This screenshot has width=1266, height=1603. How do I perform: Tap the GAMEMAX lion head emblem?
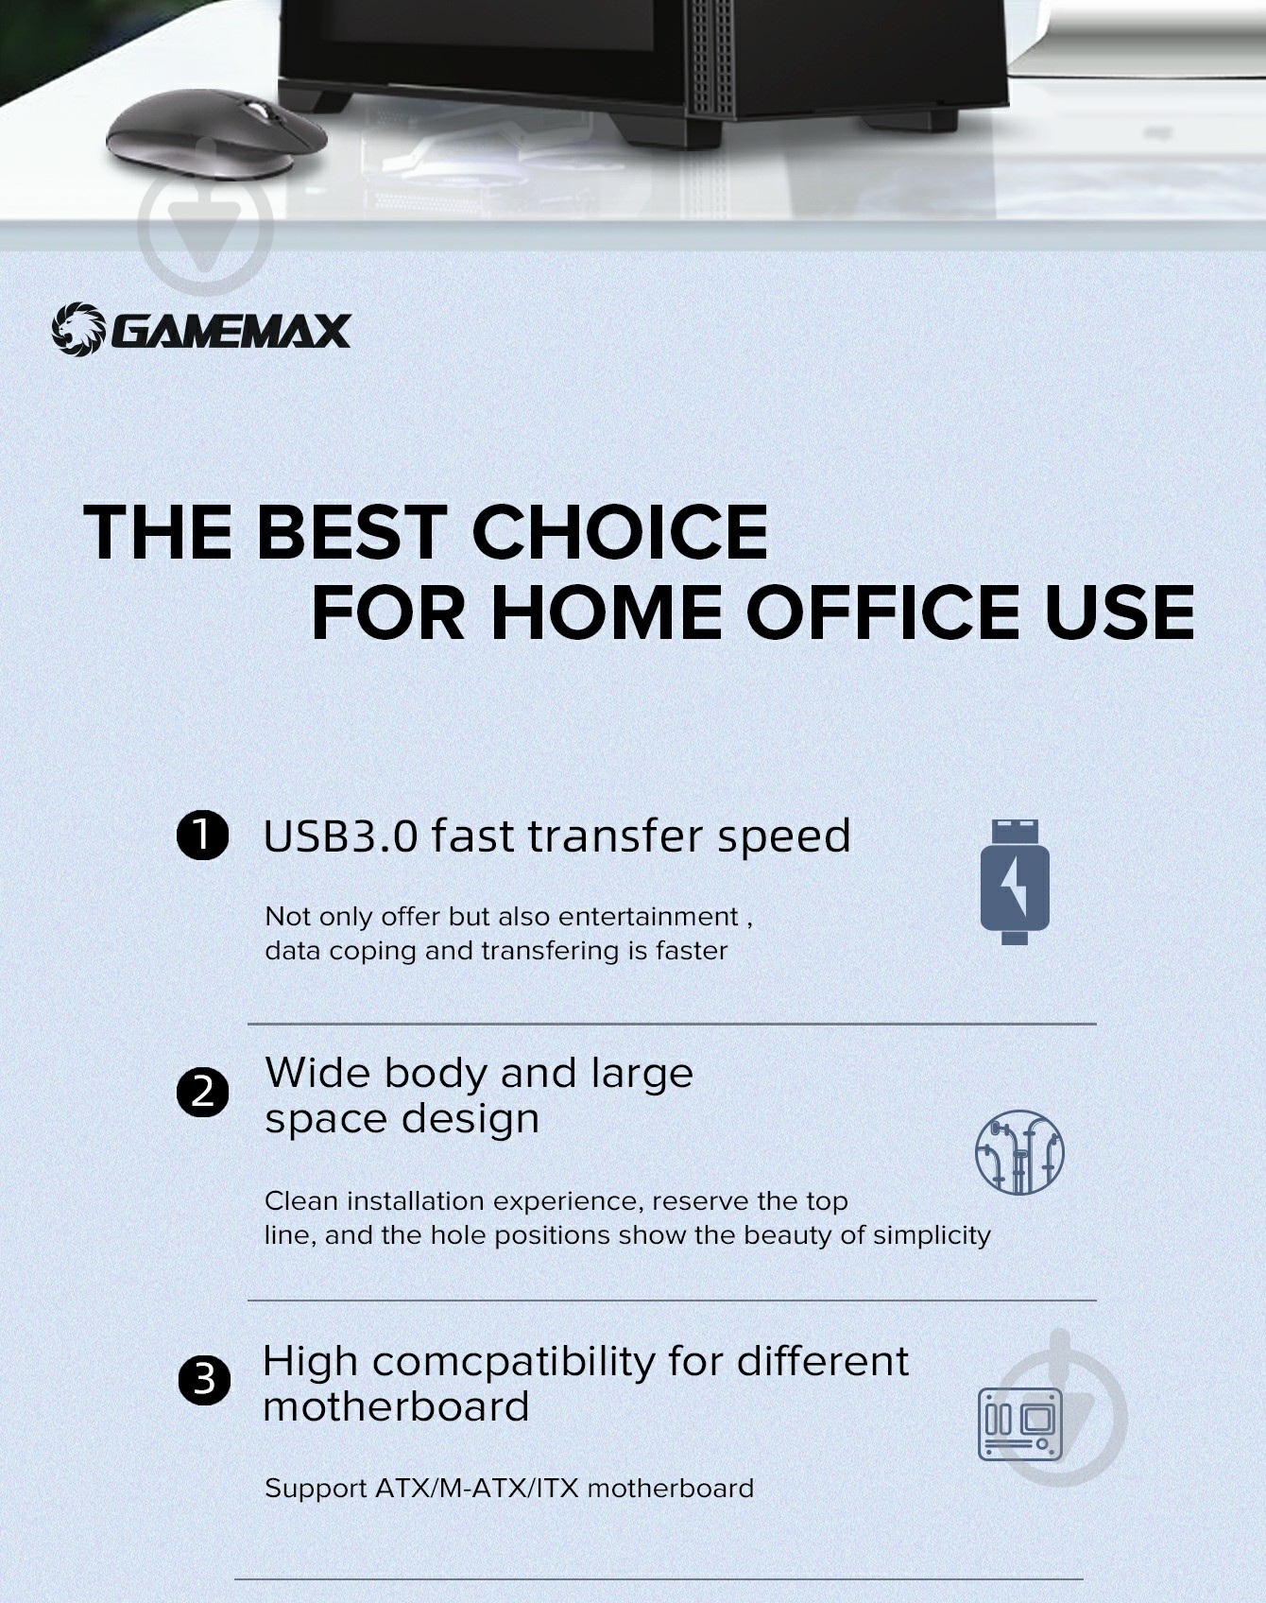point(77,329)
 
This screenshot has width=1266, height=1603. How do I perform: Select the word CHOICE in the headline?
point(620,531)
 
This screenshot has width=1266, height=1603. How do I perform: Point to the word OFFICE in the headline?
point(885,612)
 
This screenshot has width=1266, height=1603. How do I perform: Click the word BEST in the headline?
point(347,531)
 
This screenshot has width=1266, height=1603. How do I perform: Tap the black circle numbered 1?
point(203,836)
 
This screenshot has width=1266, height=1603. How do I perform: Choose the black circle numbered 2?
point(203,1093)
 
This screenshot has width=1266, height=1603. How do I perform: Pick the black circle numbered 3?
point(204,1380)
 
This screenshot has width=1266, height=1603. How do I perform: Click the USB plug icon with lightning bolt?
point(1015,882)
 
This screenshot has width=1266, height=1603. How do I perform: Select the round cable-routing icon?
point(1019,1152)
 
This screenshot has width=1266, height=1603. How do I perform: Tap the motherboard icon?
point(1020,1423)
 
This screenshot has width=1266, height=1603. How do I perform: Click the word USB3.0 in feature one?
point(340,836)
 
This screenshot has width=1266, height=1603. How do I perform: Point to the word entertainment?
point(648,917)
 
